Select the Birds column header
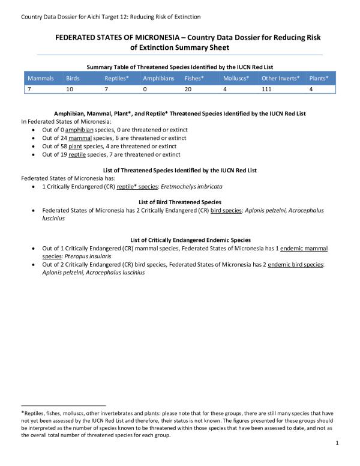(73, 79)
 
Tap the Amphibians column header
(158, 79)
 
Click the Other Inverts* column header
(281, 79)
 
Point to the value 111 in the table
(267, 89)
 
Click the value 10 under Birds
(70, 89)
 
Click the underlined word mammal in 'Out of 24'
(80, 138)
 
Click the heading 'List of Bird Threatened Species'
(180, 202)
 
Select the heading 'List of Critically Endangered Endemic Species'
(180, 240)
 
